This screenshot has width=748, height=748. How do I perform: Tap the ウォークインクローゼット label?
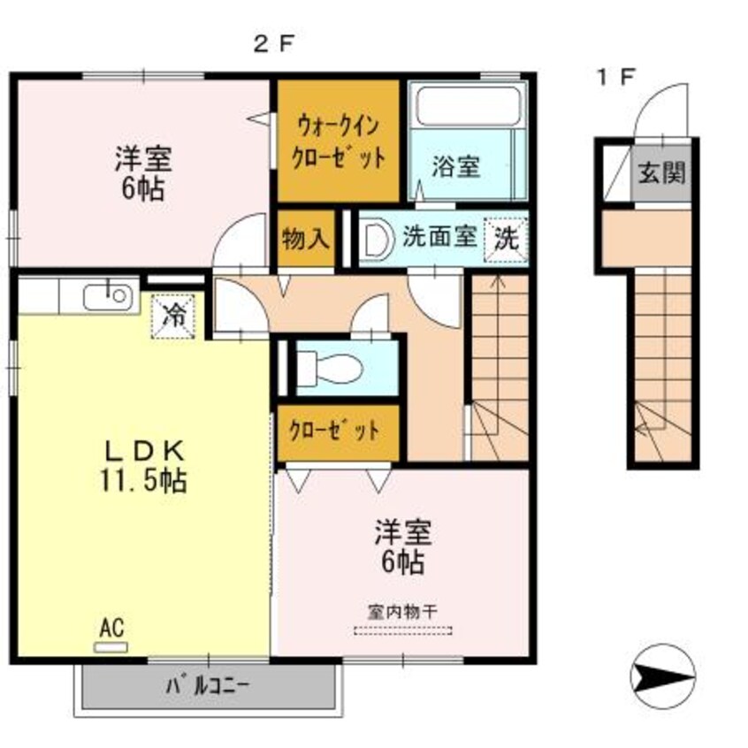coord(340,141)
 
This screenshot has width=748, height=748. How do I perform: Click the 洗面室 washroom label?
coord(440,237)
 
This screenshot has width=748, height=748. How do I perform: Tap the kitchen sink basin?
coord(109,297)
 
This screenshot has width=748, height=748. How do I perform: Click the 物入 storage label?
coord(306,238)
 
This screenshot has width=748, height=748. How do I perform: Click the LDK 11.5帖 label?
coord(145,467)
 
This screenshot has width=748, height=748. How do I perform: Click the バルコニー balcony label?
coord(209,685)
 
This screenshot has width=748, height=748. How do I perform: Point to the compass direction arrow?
coord(663,675)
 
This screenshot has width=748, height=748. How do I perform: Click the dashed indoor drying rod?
coord(403,630)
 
